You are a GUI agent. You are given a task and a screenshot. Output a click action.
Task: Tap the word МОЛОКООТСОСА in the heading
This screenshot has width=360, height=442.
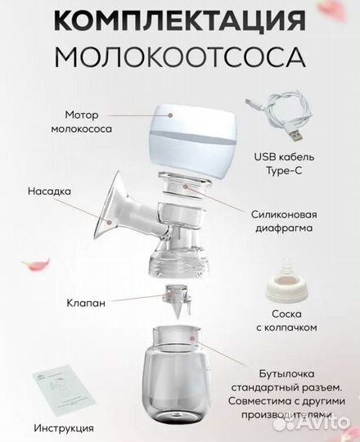(179, 56)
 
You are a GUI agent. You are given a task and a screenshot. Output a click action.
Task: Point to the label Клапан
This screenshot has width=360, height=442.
(86, 303)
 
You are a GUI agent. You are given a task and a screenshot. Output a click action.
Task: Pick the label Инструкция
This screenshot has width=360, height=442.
(64, 427)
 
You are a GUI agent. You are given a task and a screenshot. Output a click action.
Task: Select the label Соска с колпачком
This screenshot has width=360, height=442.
(295, 320)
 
